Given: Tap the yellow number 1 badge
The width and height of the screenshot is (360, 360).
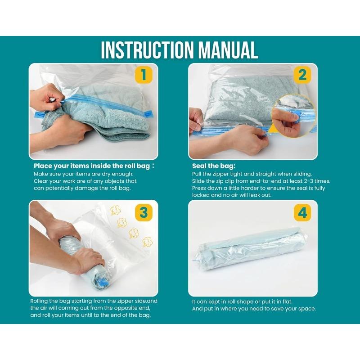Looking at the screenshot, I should [x=144, y=75].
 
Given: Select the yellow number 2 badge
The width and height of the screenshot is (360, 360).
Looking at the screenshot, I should [x=302, y=75].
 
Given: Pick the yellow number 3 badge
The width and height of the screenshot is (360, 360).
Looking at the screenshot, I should [x=144, y=212].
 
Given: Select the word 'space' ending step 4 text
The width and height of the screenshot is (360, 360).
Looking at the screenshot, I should [x=306, y=309].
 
